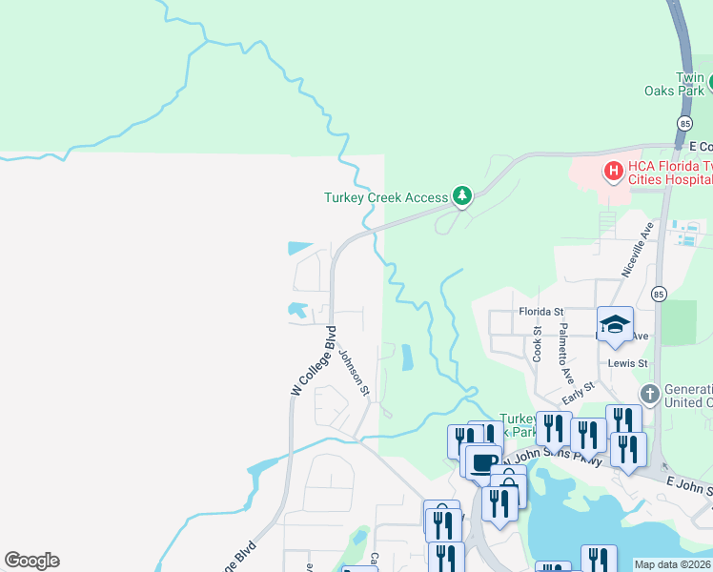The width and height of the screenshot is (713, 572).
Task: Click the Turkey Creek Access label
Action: [x=385, y=198]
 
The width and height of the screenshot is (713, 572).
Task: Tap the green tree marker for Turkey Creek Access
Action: [x=462, y=195]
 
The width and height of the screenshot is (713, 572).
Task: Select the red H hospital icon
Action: [x=614, y=172]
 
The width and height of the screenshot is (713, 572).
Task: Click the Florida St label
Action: [x=541, y=312]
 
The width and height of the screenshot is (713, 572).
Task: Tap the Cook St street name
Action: [x=538, y=344]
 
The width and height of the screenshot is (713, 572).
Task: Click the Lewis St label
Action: [x=628, y=364]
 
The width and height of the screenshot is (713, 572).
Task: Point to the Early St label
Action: [x=578, y=392]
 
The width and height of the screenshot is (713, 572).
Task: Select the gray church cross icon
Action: [x=649, y=394]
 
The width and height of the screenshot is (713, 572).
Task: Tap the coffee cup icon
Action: [x=483, y=462]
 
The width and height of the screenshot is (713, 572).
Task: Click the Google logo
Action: [x=31, y=561]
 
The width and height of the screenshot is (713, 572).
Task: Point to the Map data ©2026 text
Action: [x=672, y=564]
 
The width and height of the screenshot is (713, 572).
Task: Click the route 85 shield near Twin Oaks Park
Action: [x=684, y=124]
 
